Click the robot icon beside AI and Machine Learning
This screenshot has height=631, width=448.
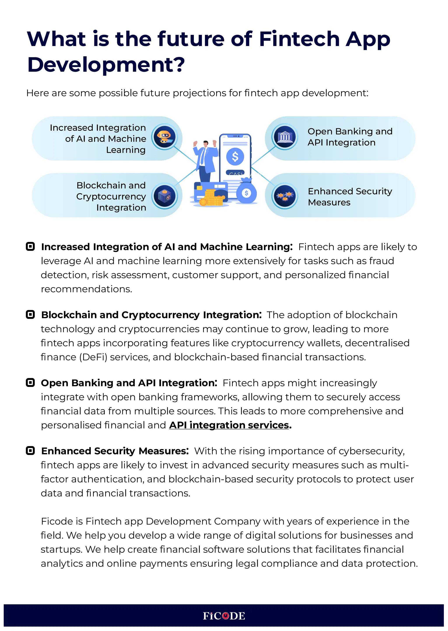(164, 137)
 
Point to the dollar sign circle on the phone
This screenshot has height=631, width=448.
(235, 157)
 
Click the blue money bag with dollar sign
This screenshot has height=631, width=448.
(246, 192)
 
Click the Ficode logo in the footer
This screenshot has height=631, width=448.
(224, 616)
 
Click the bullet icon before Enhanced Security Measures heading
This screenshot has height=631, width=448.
(30, 451)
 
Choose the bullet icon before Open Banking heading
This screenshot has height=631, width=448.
(30, 383)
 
